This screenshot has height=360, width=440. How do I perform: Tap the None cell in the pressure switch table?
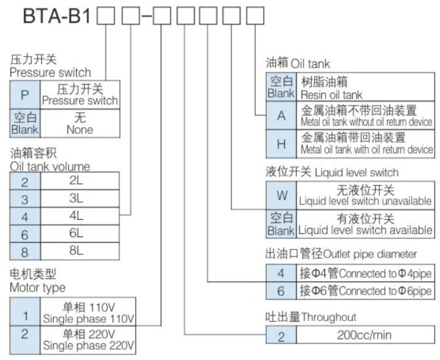pyautogui.click(x=79, y=124)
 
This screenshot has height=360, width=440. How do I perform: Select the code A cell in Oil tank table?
pyautogui.click(x=281, y=115)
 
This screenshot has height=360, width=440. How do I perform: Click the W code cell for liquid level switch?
pyautogui.click(x=282, y=195)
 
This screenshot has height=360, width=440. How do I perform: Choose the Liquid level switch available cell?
pyautogui.click(x=365, y=224)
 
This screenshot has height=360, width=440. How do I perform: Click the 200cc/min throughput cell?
pyautogui.click(x=365, y=335)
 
